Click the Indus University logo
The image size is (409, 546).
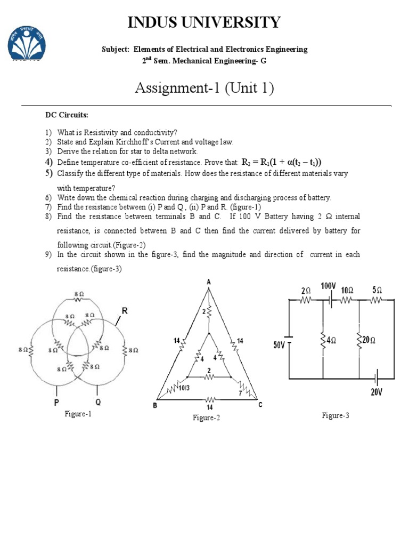(26, 43)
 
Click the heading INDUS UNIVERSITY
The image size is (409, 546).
(204, 22)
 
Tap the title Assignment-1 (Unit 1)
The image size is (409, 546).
(204, 87)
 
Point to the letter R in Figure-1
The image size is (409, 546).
(124, 310)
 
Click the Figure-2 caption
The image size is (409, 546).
(206, 418)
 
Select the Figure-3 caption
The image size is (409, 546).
(335, 415)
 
